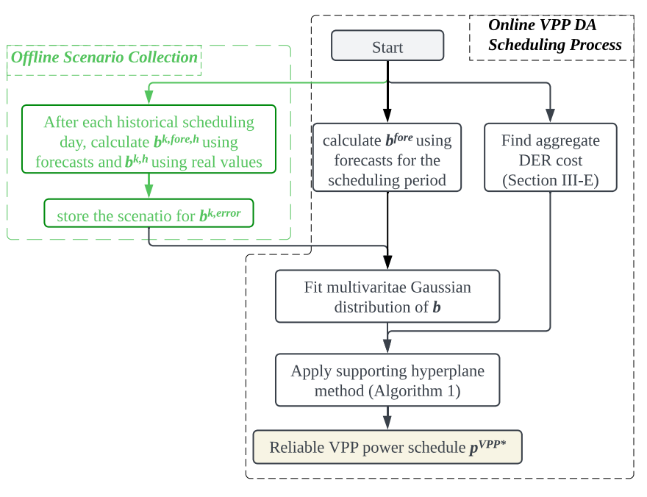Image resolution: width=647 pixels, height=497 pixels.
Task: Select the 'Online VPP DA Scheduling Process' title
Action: (x=555, y=35)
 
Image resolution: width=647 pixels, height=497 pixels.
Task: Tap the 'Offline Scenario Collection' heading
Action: (x=104, y=57)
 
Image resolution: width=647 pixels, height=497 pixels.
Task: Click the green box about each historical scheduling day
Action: (x=149, y=142)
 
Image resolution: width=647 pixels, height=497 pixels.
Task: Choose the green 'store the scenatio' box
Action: (x=149, y=215)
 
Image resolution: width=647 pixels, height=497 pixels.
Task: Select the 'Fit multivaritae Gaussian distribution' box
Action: (x=387, y=297)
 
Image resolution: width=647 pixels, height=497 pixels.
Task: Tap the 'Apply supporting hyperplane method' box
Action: (x=387, y=381)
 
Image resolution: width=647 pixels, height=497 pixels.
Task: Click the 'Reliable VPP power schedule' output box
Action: (x=387, y=447)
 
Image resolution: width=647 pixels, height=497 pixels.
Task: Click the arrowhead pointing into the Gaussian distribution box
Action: (x=387, y=262)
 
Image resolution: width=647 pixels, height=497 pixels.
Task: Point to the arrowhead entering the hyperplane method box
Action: (x=387, y=346)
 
